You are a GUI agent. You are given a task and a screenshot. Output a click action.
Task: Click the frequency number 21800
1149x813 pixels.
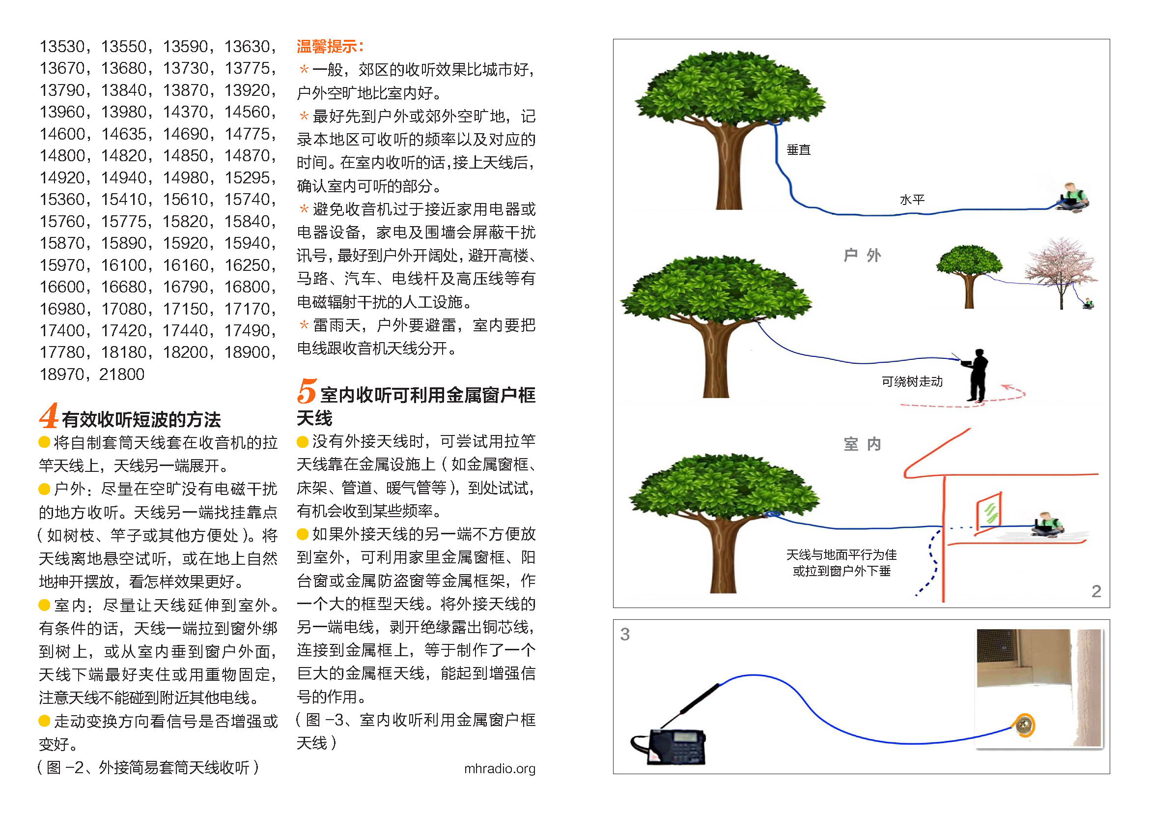pyautogui.click(x=122, y=374)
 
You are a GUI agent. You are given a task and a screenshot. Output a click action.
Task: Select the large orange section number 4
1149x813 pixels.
pyautogui.click(x=49, y=415)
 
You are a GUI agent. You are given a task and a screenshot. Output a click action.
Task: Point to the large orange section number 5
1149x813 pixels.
pyautogui.click(x=306, y=391)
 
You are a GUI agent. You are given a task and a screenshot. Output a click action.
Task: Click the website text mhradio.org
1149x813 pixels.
pyautogui.click(x=500, y=768)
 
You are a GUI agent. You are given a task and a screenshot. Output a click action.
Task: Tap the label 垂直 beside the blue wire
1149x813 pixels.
pyautogui.click(x=798, y=150)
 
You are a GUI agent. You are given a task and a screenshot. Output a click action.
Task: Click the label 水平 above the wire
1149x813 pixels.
pyautogui.click(x=912, y=200)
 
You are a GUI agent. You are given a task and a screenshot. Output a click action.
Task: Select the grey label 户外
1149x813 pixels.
pyautogui.click(x=862, y=255)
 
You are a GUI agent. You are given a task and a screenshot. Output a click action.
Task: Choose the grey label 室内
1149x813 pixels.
pyautogui.click(x=862, y=443)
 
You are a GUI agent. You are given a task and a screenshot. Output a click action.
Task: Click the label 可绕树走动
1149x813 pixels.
pyautogui.click(x=912, y=381)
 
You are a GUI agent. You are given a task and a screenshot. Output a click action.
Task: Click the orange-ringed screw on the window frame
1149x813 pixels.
pyautogui.click(x=1023, y=725)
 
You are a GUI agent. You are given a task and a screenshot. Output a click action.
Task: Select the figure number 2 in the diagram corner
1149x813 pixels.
pyautogui.click(x=1096, y=591)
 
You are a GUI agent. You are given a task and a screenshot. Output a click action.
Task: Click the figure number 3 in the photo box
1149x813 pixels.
pyautogui.click(x=625, y=634)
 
